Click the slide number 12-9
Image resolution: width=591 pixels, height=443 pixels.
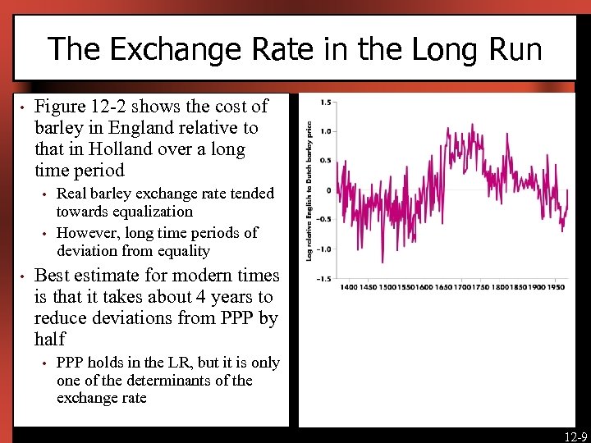[x=575, y=436]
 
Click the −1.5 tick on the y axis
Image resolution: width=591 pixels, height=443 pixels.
[x=323, y=279]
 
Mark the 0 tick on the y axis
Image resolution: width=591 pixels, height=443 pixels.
[x=328, y=190]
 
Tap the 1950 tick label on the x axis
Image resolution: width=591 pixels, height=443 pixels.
[x=557, y=288]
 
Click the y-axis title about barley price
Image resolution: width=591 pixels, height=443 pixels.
[x=309, y=191]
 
